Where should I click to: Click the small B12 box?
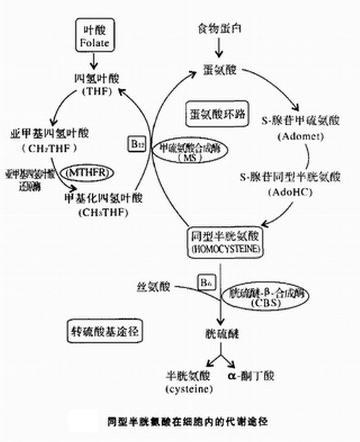click(137, 144)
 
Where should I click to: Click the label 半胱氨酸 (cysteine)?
click(189, 381)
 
